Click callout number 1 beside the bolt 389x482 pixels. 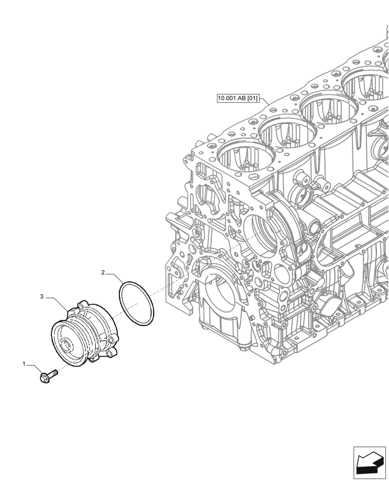coord(24,364)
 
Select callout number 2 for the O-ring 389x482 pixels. coord(103,273)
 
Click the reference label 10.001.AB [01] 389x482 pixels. coord(238,100)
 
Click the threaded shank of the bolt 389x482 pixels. coord(53,372)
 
